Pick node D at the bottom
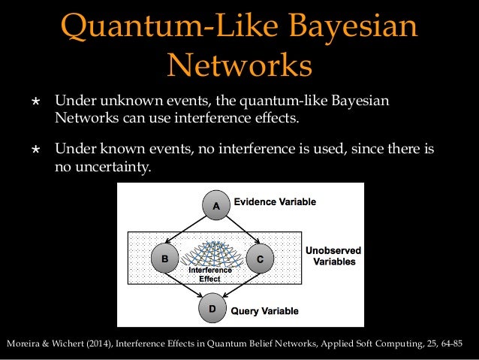(x=212, y=307)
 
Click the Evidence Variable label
(x=275, y=202)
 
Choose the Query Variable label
(x=264, y=310)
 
